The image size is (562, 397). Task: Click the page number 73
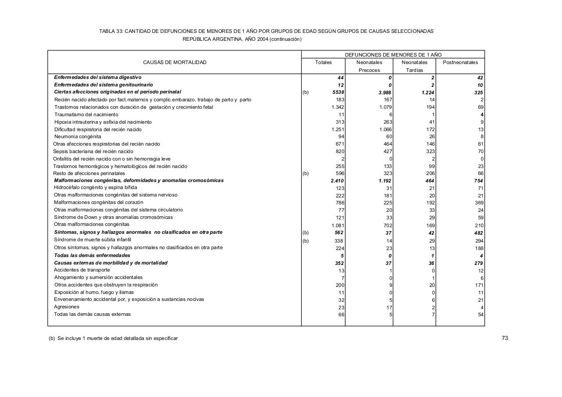pos(504,338)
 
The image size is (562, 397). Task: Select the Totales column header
pos(323,62)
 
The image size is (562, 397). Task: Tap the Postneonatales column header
pos(460,62)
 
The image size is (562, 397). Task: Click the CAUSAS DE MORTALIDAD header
pos(174,62)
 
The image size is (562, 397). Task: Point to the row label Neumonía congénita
pos(78,136)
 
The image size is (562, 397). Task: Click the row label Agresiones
pos(66,307)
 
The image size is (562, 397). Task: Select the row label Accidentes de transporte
pos(82,270)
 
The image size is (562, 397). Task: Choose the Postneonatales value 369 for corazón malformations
pos(479,203)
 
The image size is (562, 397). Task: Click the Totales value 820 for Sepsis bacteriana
pos(340,151)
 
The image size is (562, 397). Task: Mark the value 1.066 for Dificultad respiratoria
pos(385,129)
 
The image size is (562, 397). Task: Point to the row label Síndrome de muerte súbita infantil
pos(92,240)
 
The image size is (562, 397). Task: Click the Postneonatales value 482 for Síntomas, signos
pos(478,233)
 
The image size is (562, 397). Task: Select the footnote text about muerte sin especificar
pos(113,338)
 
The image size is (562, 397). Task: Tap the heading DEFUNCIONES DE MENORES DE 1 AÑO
pos(393,55)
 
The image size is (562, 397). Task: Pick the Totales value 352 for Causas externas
pos(339,263)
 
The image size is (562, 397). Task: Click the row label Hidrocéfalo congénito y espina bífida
pos(95,187)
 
